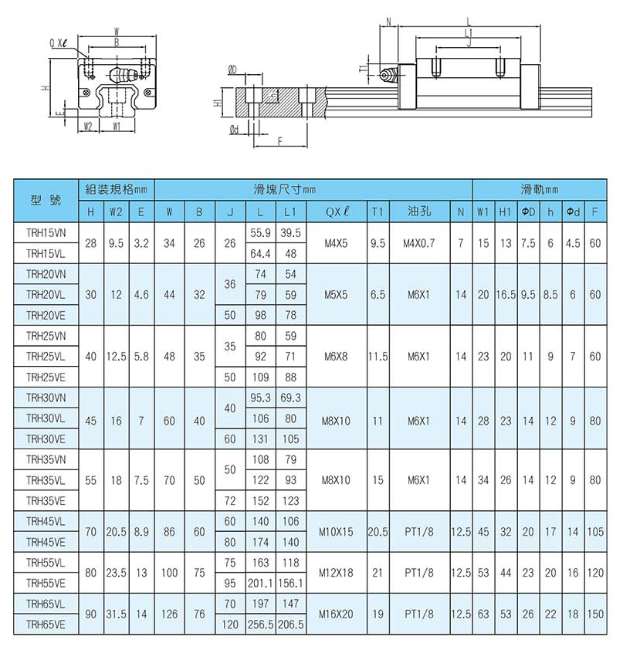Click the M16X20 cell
337,614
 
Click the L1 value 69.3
290,398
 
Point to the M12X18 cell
337,573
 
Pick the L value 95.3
259,398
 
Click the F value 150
595,614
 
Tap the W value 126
169,614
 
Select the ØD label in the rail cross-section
232,70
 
